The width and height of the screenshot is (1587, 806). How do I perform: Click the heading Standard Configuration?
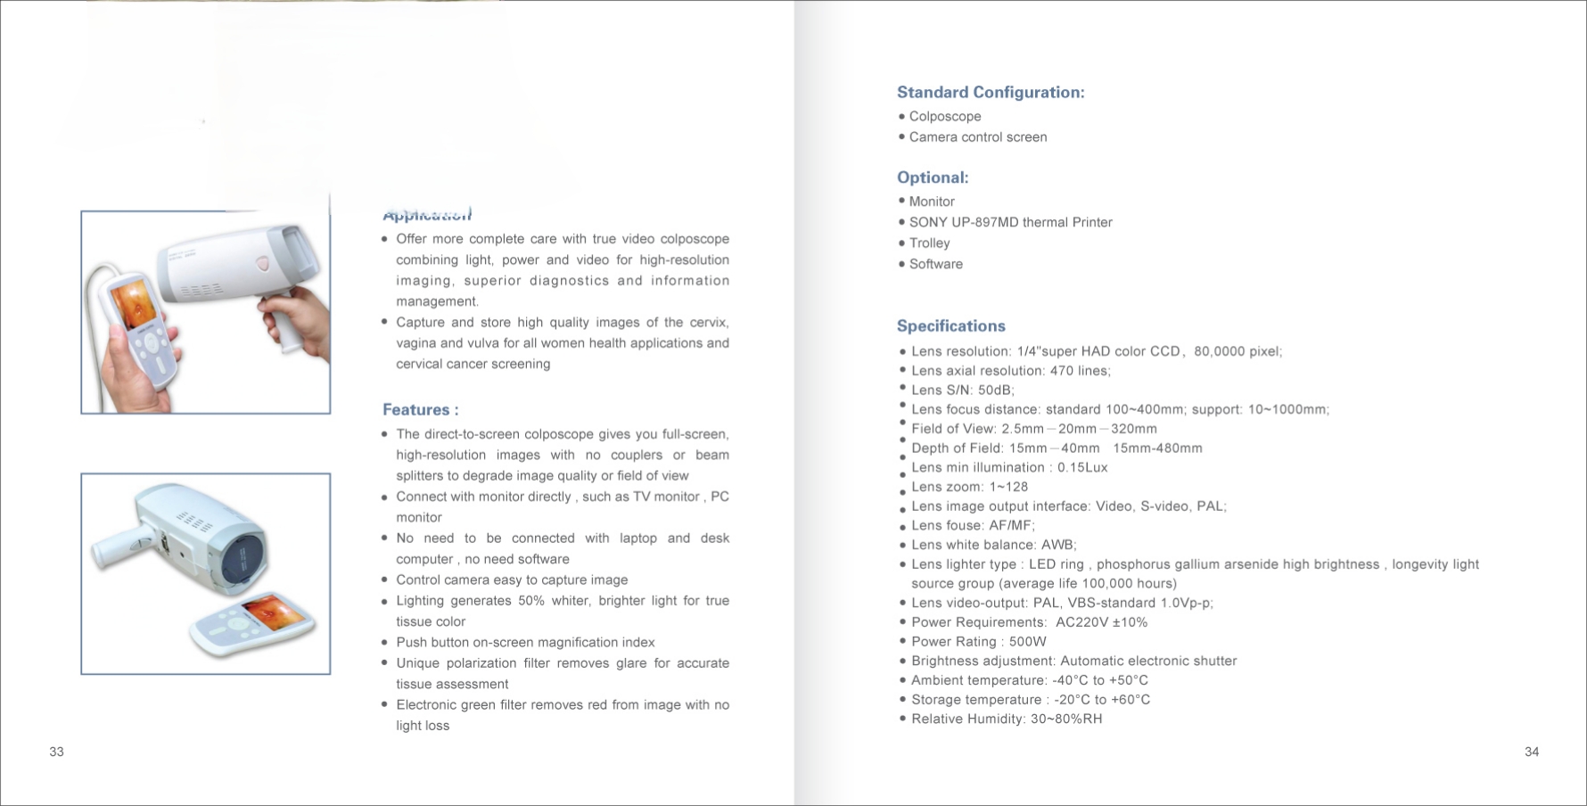pos(990,93)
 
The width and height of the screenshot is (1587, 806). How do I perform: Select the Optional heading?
pos(932,177)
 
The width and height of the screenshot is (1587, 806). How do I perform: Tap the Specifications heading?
pos(950,326)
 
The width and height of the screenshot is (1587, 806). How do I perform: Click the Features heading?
pos(420,410)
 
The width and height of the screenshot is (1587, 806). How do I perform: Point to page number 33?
pos(56,752)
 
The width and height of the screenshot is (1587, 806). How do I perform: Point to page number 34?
pos(1531,752)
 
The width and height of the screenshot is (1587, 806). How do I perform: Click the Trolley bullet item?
pos(929,243)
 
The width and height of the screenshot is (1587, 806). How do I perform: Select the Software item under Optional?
pos(935,264)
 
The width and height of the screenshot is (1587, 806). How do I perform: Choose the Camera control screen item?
pos(977,137)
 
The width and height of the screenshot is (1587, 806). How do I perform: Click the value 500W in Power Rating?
pos(1027,642)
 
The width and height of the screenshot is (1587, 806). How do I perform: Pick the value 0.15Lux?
pos(1081,467)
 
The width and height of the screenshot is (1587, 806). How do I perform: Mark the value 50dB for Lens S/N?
pos(996,391)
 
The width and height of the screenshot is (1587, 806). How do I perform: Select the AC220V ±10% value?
pos(1101,622)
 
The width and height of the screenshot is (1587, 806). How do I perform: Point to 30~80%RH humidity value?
pos(1066,720)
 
